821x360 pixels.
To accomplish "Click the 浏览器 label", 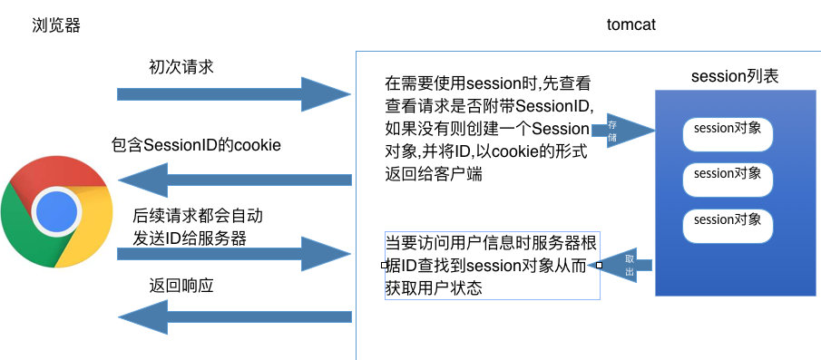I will point(55,25).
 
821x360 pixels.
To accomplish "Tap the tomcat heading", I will point(630,25).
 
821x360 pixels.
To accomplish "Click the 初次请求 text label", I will point(181,66).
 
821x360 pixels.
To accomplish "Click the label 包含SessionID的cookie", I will point(195,145).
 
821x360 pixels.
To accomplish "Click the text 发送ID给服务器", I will point(189,238).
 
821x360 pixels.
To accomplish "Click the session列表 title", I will point(735,77).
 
